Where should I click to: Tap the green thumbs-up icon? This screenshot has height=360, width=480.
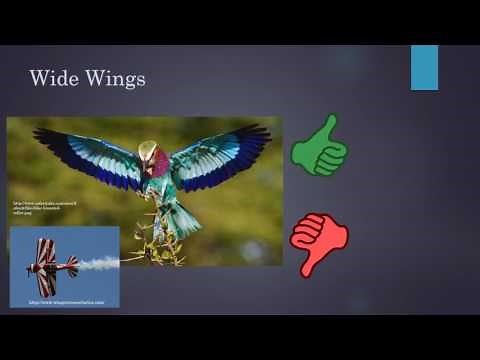point(319,146)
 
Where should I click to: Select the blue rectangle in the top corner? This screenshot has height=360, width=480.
point(424,67)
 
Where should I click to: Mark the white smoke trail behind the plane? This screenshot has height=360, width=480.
point(100,263)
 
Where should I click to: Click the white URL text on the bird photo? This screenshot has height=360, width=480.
point(30,208)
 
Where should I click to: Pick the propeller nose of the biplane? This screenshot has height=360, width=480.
point(31,268)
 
